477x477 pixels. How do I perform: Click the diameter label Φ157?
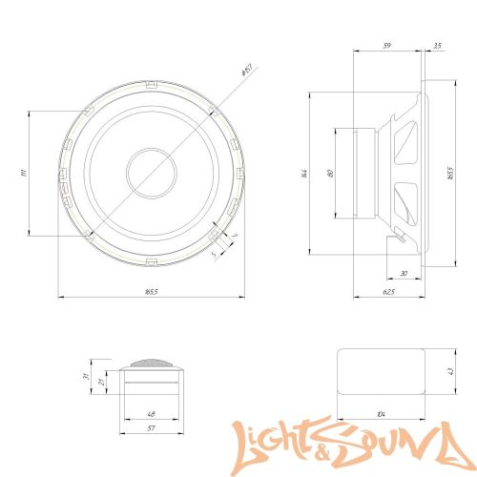(244, 70)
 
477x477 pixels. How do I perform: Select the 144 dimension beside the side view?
(304, 174)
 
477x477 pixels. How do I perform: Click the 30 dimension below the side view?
(404, 275)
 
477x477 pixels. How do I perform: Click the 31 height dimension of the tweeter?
(85, 378)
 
